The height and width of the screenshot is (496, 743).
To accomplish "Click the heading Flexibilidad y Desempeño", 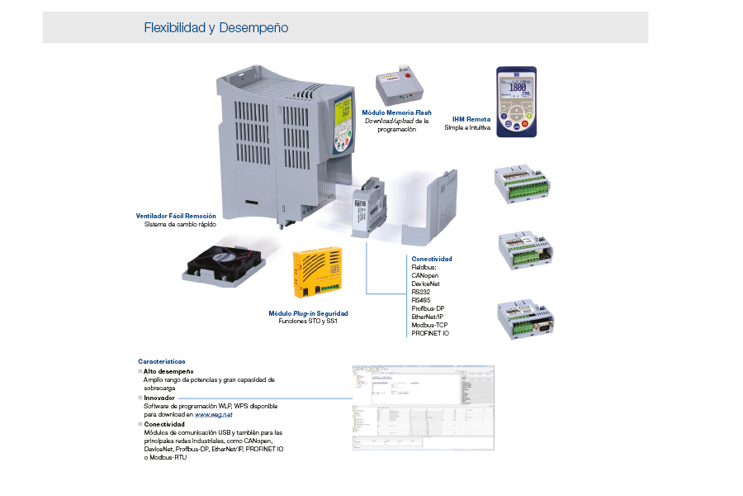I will pyautogui.click(x=216, y=28).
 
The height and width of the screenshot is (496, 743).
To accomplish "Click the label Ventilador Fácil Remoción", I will pyautogui.click(x=177, y=216).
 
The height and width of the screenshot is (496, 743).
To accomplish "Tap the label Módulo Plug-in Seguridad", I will pyautogui.click(x=308, y=313).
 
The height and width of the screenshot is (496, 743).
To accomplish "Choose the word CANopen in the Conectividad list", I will pyautogui.click(x=425, y=275).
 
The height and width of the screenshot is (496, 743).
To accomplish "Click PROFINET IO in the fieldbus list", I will pyautogui.click(x=430, y=333).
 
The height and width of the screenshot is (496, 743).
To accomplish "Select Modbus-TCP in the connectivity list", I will pyautogui.click(x=429, y=325).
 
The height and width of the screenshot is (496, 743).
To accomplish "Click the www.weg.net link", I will pyautogui.click(x=213, y=414).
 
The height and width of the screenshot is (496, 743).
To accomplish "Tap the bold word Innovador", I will pyautogui.click(x=159, y=398).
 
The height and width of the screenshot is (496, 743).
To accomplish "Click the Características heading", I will pyautogui.click(x=162, y=361).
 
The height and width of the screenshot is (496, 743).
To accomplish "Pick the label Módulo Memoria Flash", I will pyautogui.click(x=396, y=112).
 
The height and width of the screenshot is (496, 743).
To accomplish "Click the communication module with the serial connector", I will pyautogui.click(x=525, y=319).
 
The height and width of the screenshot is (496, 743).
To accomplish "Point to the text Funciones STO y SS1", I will pyautogui.click(x=308, y=321).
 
